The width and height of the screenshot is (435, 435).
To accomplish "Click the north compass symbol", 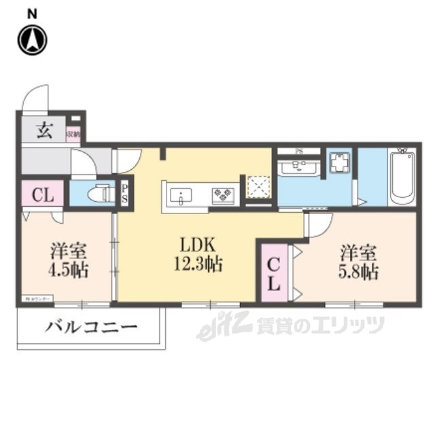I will point(31,39).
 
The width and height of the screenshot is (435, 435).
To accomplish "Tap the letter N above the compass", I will point(32,12).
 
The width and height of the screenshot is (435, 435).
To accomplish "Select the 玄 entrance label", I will point(43,130).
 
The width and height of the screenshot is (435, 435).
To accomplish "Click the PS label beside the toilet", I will point(126,194).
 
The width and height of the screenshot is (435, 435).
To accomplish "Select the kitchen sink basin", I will point(182,196).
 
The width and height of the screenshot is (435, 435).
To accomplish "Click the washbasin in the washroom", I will point(299,167).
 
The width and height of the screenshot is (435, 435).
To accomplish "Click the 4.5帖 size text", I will point(68,269).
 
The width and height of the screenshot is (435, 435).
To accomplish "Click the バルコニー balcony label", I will point(92,328).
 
